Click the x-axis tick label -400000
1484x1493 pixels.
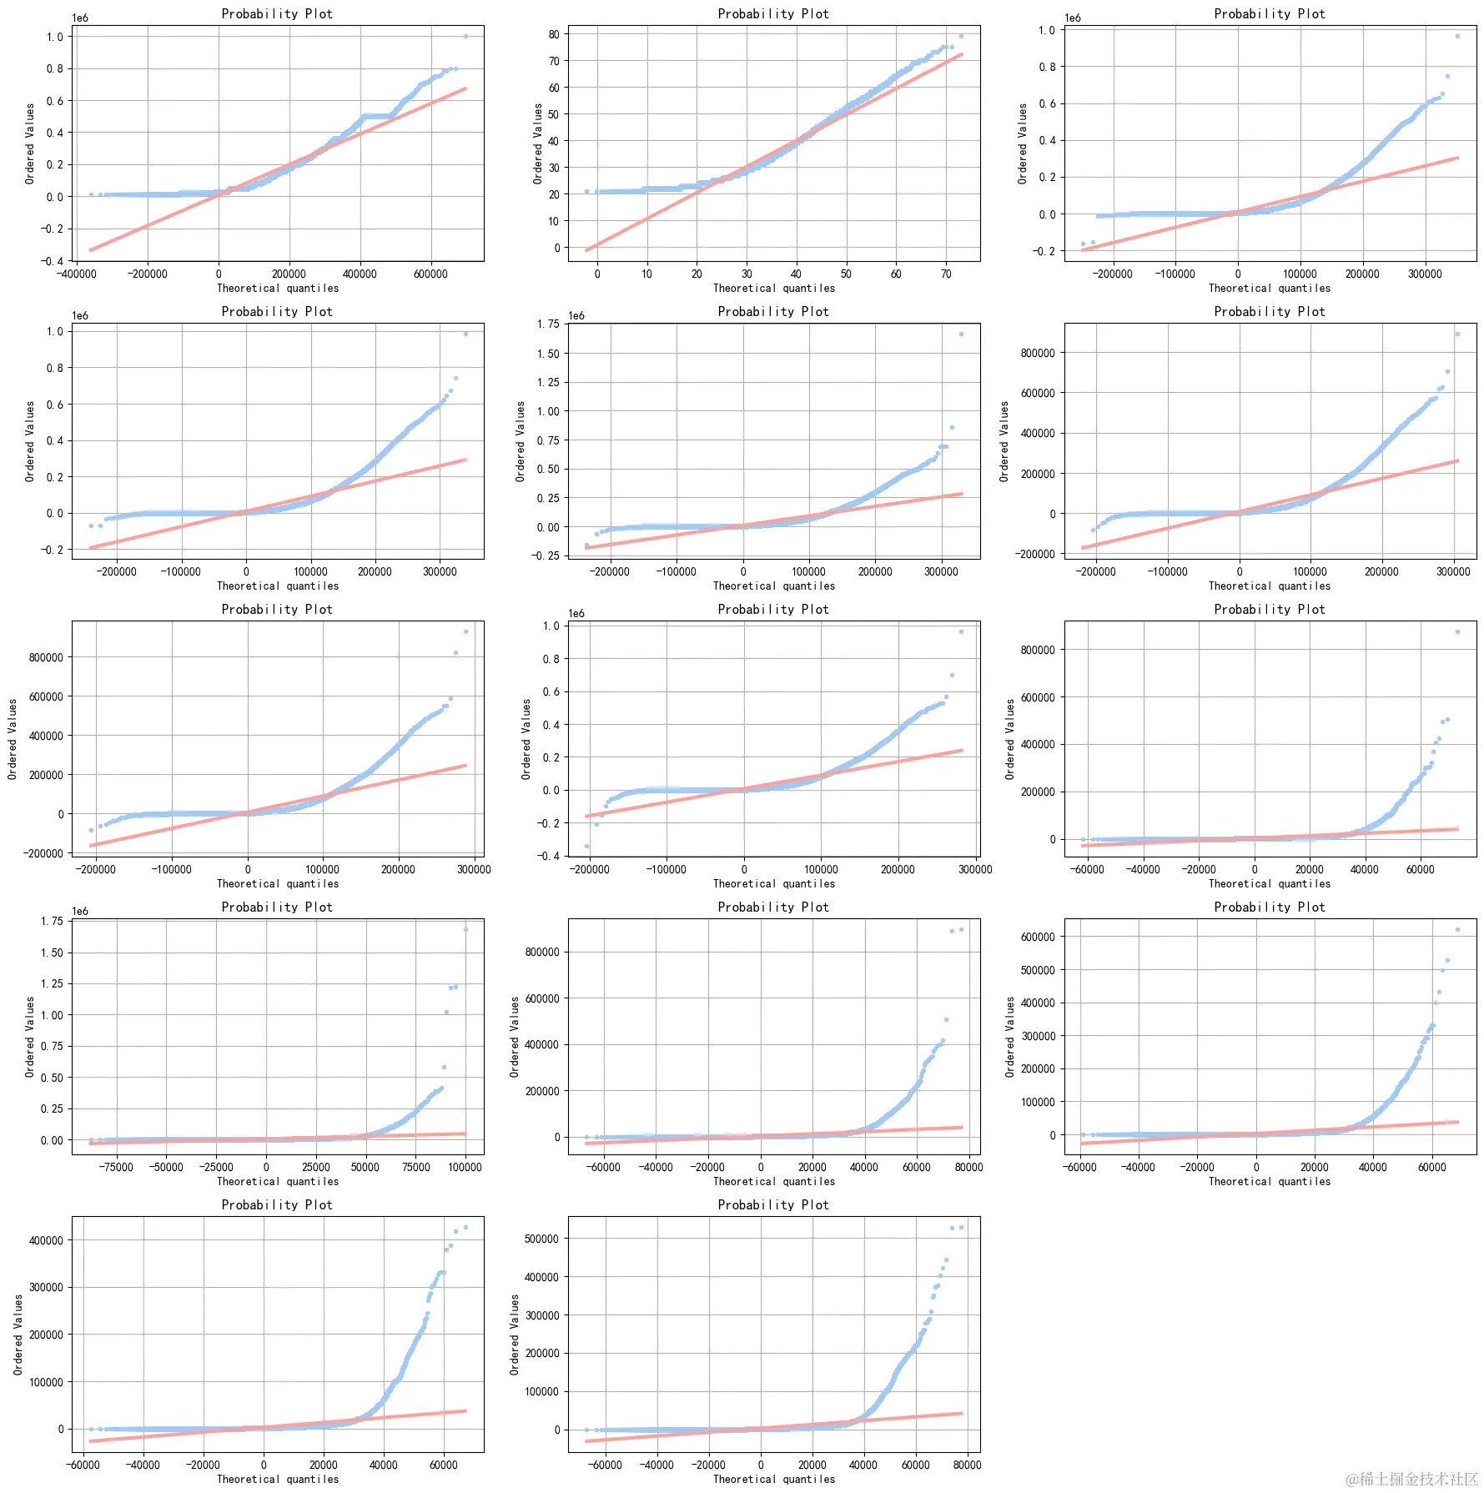click(75, 274)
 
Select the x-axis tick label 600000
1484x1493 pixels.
click(430, 274)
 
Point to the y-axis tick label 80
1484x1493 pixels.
click(554, 34)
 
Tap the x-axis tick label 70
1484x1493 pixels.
click(946, 274)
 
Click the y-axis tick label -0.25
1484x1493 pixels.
click(547, 555)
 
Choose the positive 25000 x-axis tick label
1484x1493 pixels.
click(315, 1167)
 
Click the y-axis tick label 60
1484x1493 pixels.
click(554, 88)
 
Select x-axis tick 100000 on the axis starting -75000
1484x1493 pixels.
click(465, 1167)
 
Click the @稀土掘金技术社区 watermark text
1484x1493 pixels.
click(1411, 1479)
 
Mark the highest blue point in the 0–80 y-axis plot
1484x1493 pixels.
click(961, 36)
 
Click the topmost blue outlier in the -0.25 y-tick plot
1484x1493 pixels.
click(961, 334)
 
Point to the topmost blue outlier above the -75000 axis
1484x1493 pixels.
click(465, 929)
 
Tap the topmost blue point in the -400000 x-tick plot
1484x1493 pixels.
click(465, 36)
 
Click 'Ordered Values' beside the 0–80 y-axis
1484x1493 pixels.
click(538, 143)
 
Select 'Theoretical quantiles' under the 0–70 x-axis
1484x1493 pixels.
click(773, 289)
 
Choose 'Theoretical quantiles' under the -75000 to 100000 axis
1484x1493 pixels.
click(278, 1181)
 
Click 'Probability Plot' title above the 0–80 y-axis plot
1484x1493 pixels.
click(773, 13)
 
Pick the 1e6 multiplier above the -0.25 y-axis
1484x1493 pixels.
click(576, 315)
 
